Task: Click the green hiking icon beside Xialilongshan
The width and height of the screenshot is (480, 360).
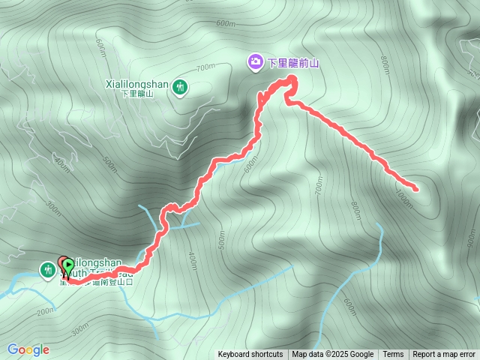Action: (x=181, y=87)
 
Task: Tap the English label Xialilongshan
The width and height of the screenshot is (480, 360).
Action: (x=139, y=84)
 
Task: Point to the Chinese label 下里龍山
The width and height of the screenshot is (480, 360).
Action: (x=139, y=94)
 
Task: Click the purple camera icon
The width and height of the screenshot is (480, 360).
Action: (x=255, y=61)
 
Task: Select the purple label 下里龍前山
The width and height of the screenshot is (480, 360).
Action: (x=293, y=63)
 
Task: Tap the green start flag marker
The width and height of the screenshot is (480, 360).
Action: (x=69, y=265)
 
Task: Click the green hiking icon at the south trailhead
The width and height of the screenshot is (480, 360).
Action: (x=47, y=268)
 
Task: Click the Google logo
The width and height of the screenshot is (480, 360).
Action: (x=28, y=349)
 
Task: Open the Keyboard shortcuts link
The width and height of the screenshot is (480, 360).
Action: (x=250, y=355)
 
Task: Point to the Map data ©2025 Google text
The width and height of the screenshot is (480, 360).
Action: (x=333, y=355)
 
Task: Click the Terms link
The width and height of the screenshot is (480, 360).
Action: (x=393, y=355)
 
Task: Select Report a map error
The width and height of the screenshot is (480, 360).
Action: (x=444, y=355)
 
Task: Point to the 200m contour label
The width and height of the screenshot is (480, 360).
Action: (x=45, y=310)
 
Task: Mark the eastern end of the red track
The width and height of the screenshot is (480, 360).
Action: (x=417, y=185)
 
